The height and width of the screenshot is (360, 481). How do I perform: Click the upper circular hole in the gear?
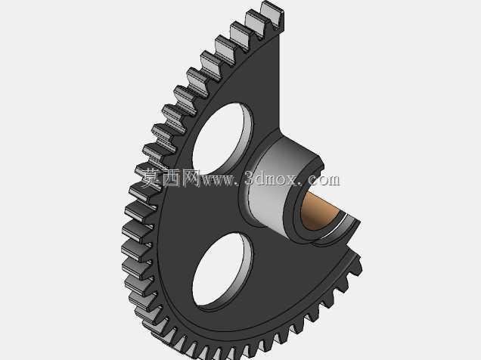point(222,138)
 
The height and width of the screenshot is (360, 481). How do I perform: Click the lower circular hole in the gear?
point(222,270)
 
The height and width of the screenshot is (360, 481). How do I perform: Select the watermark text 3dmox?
point(272,178)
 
